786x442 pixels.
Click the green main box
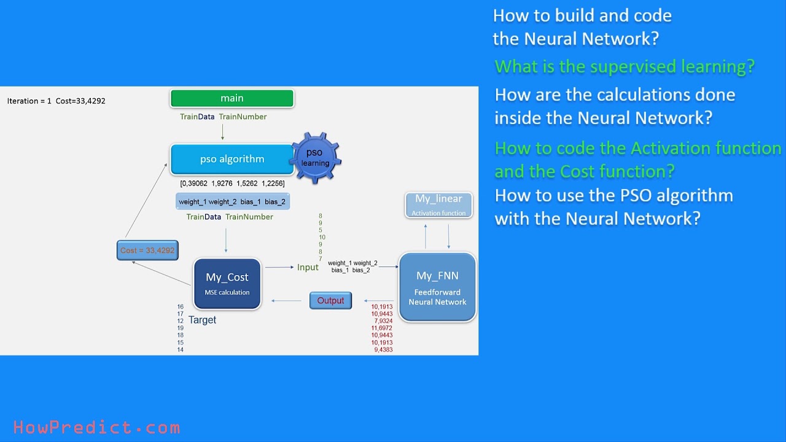[232, 98]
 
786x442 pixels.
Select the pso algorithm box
[232, 159]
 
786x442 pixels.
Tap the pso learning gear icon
[315, 158]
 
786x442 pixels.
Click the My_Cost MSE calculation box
[227, 284]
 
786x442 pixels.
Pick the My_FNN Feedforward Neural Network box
[437, 287]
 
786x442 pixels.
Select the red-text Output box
[330, 301]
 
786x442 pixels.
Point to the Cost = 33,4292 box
[147, 250]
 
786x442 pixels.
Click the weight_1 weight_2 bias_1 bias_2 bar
[232, 202]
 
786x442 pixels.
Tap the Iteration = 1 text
[29, 101]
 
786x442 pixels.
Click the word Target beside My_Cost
[202, 320]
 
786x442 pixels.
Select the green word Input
[308, 267]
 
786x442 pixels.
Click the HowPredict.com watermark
[96, 427]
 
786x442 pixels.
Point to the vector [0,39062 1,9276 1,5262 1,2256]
[232, 183]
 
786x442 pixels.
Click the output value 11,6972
[381, 328]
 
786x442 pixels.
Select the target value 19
[181, 328]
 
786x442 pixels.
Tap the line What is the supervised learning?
[625, 66]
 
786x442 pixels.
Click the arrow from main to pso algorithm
[222, 131]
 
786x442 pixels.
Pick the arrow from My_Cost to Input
[279, 267]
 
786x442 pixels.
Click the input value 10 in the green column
[322, 238]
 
